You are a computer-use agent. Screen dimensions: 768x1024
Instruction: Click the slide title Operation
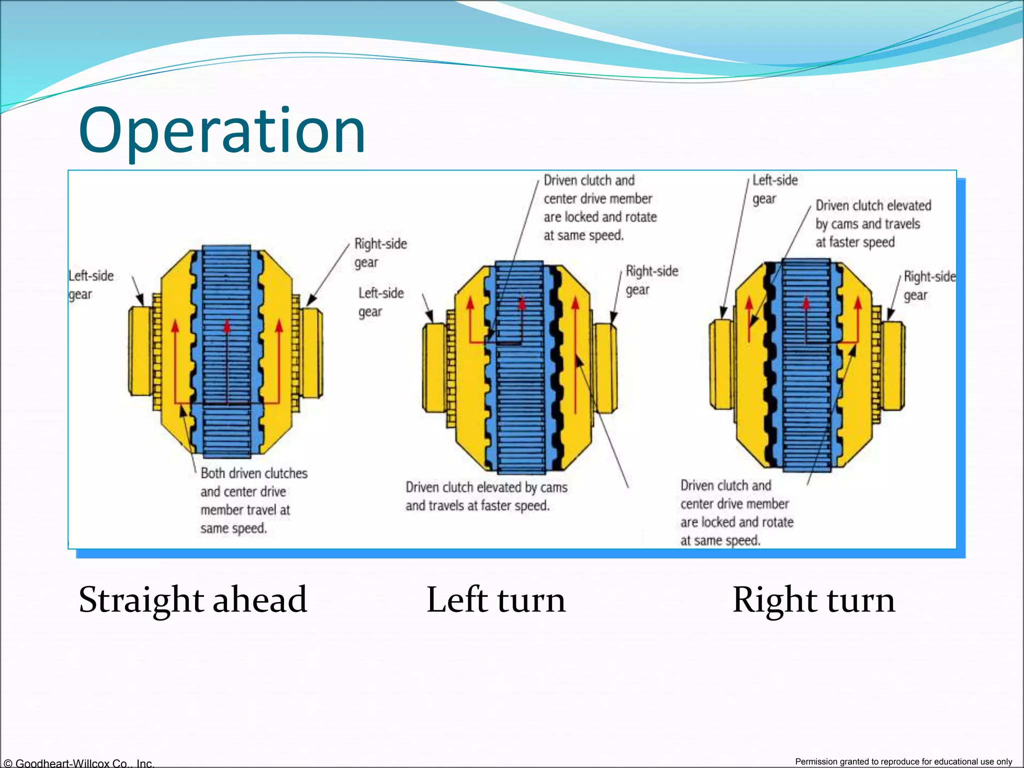pyautogui.click(x=222, y=131)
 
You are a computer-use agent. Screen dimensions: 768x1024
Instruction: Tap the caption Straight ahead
pyautogui.click(x=192, y=599)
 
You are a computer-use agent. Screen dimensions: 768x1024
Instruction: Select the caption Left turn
pyautogui.click(x=495, y=599)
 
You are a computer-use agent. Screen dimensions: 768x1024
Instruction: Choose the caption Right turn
pyautogui.click(x=813, y=599)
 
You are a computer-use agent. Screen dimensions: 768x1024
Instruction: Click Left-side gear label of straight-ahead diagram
pyautogui.click(x=90, y=284)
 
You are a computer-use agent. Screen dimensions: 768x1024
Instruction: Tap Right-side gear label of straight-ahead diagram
pyautogui.click(x=380, y=252)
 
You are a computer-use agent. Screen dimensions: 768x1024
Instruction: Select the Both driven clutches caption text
pyautogui.click(x=253, y=473)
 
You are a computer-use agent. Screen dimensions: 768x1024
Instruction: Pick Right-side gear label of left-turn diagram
pyautogui.click(x=651, y=280)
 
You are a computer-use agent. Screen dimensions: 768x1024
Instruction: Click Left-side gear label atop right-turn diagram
pyautogui.click(x=774, y=189)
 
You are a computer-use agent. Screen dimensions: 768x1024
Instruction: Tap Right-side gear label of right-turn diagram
pyautogui.click(x=929, y=285)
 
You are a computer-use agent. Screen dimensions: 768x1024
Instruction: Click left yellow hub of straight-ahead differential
pyautogui.click(x=139, y=350)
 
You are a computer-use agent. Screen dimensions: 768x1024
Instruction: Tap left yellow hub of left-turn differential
pyautogui.click(x=433, y=367)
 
